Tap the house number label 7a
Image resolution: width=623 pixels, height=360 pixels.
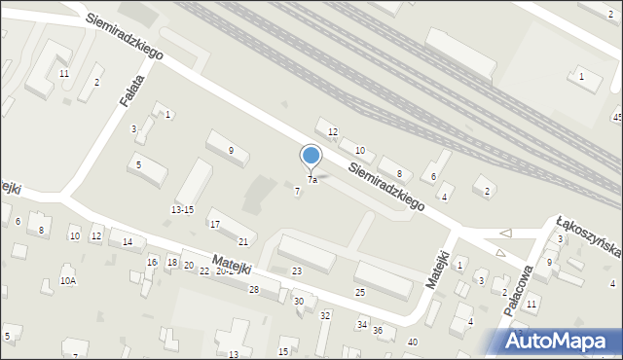tap(312, 180)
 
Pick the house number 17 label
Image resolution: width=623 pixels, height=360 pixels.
tap(214, 224)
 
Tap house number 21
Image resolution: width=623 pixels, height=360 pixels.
tap(243, 241)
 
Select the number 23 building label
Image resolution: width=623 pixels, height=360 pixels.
tap(297, 270)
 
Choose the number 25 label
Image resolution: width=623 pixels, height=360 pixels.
tap(359, 292)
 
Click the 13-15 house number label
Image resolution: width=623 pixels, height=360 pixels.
tap(182, 209)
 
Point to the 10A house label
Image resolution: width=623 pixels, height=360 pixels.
tap(67, 280)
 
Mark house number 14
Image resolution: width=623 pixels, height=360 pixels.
tap(128, 241)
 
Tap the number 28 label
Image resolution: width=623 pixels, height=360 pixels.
tap(253, 290)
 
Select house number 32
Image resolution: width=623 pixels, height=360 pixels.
tap(325, 315)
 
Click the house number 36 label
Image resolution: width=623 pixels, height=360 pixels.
tap(378, 331)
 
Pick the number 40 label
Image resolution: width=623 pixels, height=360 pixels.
tap(413, 342)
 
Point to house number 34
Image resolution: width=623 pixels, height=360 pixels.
tap(361, 324)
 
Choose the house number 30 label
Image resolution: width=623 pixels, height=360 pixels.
tap(299, 302)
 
